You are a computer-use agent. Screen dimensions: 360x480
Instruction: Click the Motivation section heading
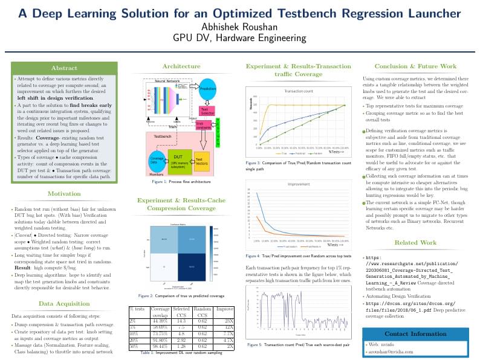point(63,194)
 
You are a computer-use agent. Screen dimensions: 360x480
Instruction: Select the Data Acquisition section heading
point(63,303)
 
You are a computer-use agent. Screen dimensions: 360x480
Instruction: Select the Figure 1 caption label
point(159,181)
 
